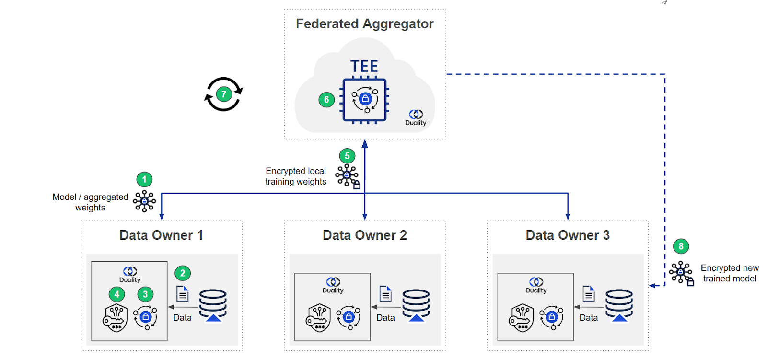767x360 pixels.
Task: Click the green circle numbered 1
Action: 144,179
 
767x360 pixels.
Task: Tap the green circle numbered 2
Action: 182,273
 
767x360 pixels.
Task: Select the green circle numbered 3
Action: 145,294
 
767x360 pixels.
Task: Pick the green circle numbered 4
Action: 116,294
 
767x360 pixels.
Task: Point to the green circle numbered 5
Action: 347,156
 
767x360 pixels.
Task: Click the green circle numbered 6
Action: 326,100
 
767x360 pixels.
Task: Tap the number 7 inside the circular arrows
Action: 223,94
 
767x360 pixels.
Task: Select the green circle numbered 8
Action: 681,246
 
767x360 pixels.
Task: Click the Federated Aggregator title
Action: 364,23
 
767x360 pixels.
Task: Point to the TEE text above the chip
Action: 364,66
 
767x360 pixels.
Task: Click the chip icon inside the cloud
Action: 364,100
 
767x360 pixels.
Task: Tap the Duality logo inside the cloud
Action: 416,117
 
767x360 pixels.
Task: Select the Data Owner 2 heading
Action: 364,235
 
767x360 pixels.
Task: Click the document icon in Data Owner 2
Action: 385,293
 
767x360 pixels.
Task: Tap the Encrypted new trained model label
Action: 730,273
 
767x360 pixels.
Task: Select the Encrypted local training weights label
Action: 296,176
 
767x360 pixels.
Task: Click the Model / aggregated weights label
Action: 90,202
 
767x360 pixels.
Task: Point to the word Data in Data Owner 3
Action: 588,318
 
